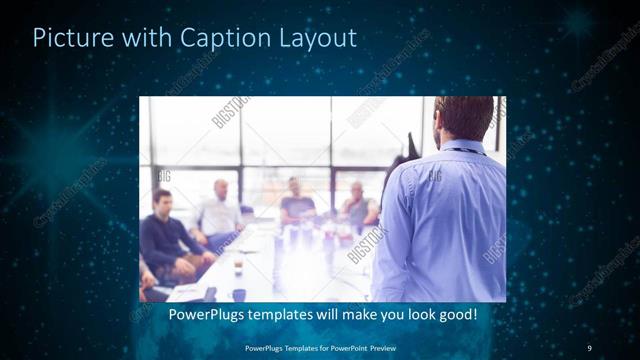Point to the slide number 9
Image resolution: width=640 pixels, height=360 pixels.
pos(589,347)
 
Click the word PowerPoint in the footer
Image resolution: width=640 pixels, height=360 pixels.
pos(347,347)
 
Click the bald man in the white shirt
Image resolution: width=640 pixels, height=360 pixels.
pos(219,213)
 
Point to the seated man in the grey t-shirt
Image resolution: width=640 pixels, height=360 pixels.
pos(297,204)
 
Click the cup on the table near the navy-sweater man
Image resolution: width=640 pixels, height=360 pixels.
pos(238,268)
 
